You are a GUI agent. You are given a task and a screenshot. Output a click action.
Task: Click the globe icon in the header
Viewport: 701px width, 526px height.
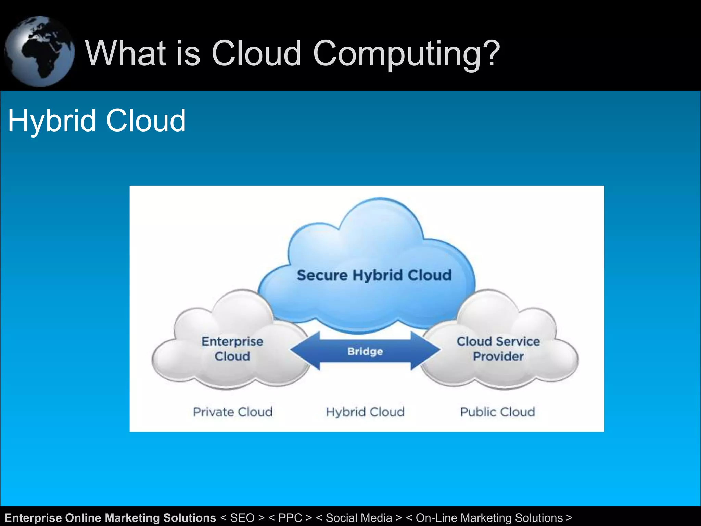[x=39, y=51]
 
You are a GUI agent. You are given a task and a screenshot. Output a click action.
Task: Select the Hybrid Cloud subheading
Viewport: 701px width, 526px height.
[x=97, y=121]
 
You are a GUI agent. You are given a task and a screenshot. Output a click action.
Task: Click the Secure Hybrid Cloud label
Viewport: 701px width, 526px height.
[x=374, y=275]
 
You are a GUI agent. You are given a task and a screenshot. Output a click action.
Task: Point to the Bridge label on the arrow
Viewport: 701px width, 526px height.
[x=365, y=351]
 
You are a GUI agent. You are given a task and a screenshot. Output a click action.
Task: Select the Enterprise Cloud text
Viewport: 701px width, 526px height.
[x=232, y=349]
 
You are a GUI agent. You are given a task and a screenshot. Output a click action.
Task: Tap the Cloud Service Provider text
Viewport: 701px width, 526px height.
[x=498, y=349]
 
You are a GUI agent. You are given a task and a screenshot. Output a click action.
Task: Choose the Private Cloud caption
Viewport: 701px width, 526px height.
[x=233, y=412]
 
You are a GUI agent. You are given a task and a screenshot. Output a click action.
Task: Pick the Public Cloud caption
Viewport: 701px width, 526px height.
[x=497, y=412]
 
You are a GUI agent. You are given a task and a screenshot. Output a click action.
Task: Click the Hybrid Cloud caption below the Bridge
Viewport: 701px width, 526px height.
[x=365, y=412]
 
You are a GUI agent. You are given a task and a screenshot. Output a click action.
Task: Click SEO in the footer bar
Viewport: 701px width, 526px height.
[x=242, y=518]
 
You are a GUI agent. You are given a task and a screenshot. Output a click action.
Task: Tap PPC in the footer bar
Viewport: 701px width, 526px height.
[x=290, y=518]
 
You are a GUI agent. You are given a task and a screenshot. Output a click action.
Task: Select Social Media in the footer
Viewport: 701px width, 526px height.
[x=359, y=518]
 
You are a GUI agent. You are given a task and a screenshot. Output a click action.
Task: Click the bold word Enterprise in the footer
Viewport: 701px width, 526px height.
[x=33, y=518]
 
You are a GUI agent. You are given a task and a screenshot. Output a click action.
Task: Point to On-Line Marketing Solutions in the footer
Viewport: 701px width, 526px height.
[x=489, y=518]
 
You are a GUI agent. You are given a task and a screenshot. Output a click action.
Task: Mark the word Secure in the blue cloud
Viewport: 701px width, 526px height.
[x=322, y=275]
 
